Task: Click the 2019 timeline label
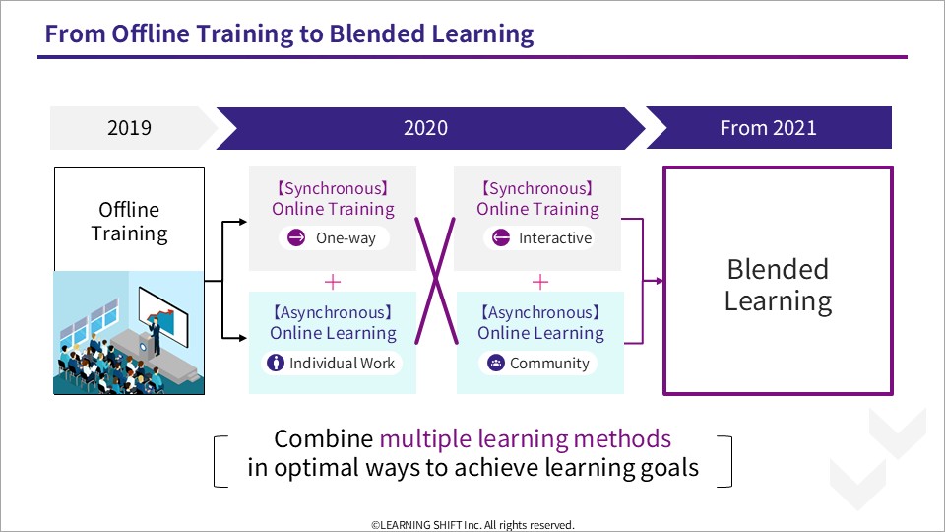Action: point(129,128)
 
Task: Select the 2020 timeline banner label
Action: point(425,128)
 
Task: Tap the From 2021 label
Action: point(768,128)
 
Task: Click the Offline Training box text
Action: point(130,222)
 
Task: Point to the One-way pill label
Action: point(346,238)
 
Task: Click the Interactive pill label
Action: point(555,238)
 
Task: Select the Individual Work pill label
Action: point(342,364)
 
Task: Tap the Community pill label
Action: point(549,364)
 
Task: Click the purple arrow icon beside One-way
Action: point(296,237)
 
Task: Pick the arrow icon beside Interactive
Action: point(501,237)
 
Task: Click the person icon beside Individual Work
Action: point(276,363)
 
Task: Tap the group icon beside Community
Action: point(495,363)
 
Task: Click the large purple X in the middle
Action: point(436,281)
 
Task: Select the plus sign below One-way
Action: point(333,282)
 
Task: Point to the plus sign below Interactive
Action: point(540,282)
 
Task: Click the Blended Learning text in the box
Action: point(778,286)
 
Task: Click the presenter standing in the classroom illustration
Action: point(156,335)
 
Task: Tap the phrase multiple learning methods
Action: point(525,439)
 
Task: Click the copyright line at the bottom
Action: point(472,525)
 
